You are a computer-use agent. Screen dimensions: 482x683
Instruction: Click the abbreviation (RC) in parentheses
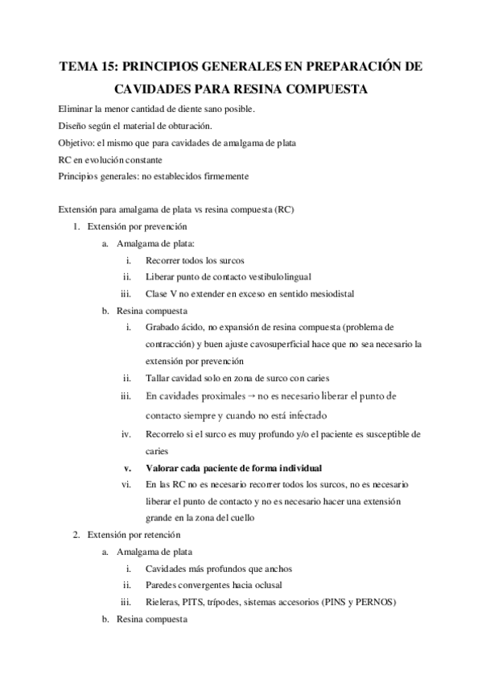(285, 210)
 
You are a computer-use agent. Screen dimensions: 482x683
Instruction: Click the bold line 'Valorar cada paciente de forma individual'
(233, 467)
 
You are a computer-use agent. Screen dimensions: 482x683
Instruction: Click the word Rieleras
(163, 602)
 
